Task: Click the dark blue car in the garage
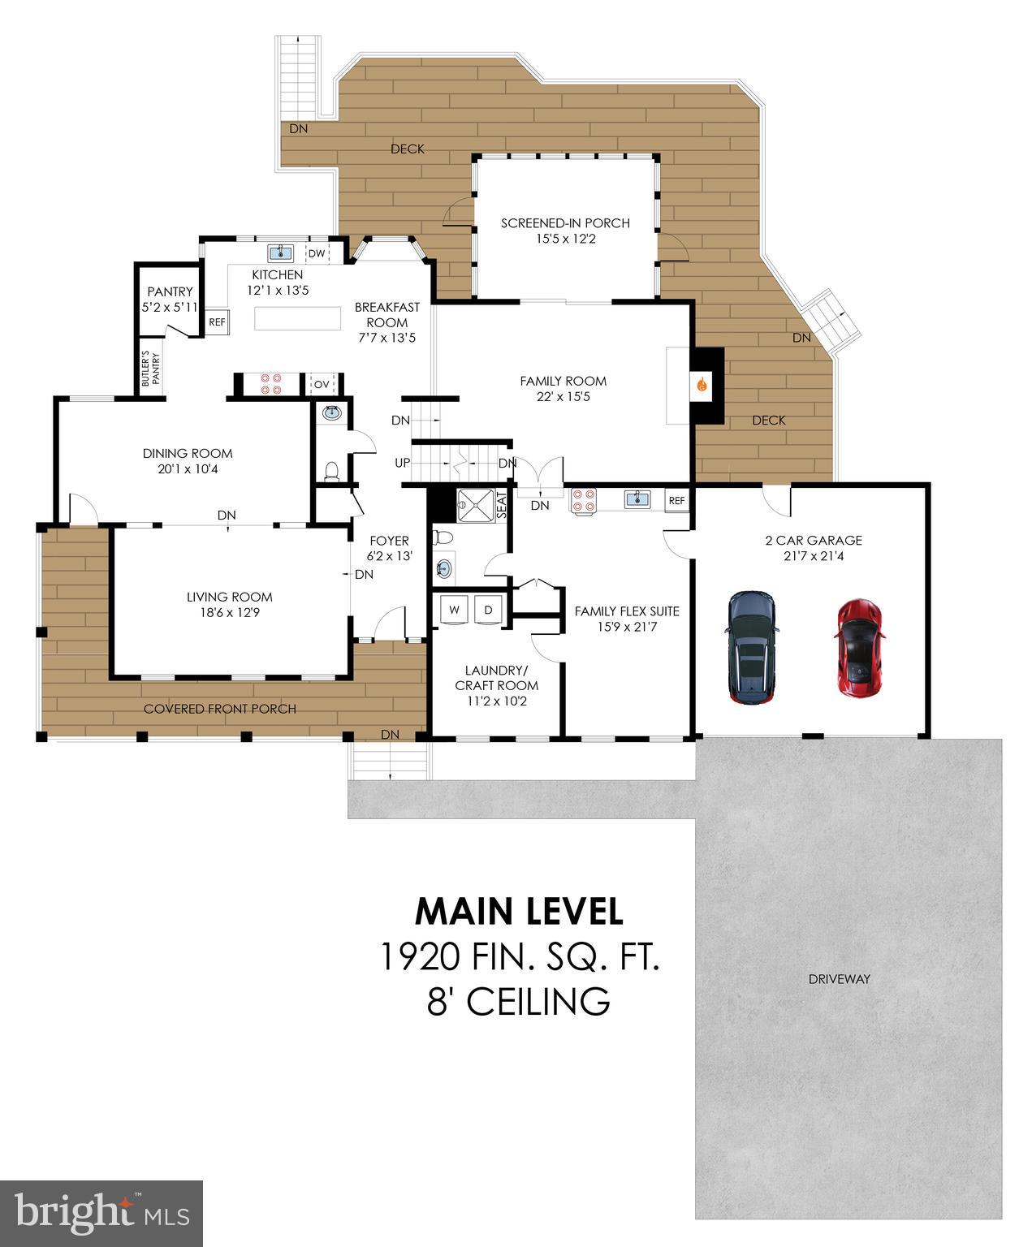click(x=752, y=647)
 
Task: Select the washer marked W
click(x=455, y=609)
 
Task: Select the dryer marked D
click(x=489, y=609)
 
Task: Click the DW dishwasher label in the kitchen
click(x=317, y=253)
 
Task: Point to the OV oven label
click(x=322, y=384)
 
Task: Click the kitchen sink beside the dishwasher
click(x=281, y=252)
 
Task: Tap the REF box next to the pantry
click(x=217, y=321)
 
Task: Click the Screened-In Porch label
click(x=565, y=223)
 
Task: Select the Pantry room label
click(x=170, y=291)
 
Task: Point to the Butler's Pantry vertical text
click(x=146, y=369)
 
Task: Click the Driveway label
click(x=839, y=979)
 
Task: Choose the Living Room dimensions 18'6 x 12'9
click(x=229, y=613)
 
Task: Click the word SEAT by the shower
click(x=502, y=506)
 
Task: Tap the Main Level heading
click(x=519, y=912)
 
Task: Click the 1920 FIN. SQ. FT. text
click(x=519, y=957)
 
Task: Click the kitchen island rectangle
click(x=297, y=318)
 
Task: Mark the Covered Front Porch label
click(x=219, y=709)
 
